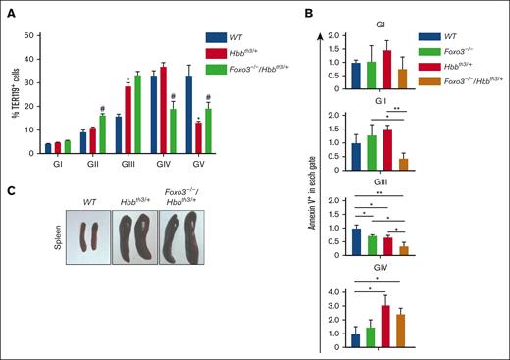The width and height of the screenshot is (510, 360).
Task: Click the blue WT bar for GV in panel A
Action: coord(215,115)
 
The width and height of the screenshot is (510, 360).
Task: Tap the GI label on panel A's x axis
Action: coord(50,164)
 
